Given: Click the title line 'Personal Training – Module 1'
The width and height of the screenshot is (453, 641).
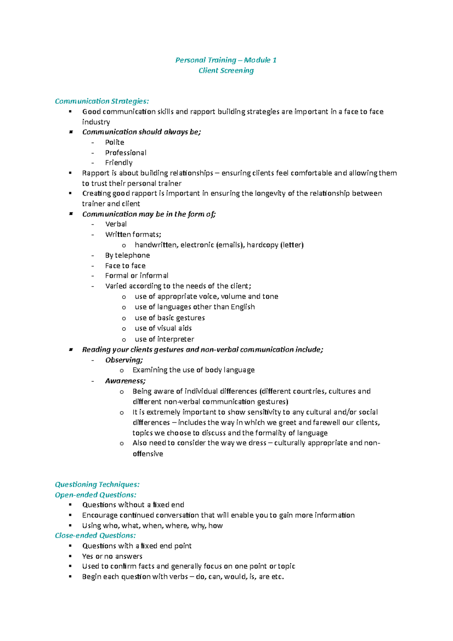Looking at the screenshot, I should pos(226,60).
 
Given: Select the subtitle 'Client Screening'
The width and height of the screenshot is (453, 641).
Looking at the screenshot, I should pos(226,71).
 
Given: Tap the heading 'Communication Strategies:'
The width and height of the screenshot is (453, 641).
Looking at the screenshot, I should pos(102,101).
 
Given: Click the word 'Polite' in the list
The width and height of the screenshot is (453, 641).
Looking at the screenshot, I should pos(114,142).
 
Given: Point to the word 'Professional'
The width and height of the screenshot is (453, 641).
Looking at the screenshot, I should pos(126,153).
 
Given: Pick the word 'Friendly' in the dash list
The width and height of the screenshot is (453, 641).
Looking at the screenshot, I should pos(119,163).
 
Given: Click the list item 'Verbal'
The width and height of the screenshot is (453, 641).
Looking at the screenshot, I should pos(116,224).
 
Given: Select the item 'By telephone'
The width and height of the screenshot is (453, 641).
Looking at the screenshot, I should pos(127,255).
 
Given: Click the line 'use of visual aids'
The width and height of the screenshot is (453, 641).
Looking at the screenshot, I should pos(163,328).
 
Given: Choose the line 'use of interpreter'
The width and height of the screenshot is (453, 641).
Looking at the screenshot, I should pos(164,339).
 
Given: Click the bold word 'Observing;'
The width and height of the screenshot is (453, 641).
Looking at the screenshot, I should pos(124,360).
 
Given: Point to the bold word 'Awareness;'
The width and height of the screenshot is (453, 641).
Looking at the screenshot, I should pos(125,381).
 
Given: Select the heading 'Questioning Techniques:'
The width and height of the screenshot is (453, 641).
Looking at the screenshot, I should pos(97,484).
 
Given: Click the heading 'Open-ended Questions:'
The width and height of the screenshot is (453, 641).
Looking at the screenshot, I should pos(96,495).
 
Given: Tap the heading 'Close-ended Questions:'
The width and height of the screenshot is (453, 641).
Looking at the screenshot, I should pos(95,535).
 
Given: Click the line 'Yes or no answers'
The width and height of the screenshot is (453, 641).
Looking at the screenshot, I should pos(112,556).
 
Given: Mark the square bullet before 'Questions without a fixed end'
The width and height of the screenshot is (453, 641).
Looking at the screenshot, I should pos(70,505).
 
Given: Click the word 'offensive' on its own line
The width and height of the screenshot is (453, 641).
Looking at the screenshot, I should pos(148,454).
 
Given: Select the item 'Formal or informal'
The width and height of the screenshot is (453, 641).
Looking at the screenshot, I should pos(137,276).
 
